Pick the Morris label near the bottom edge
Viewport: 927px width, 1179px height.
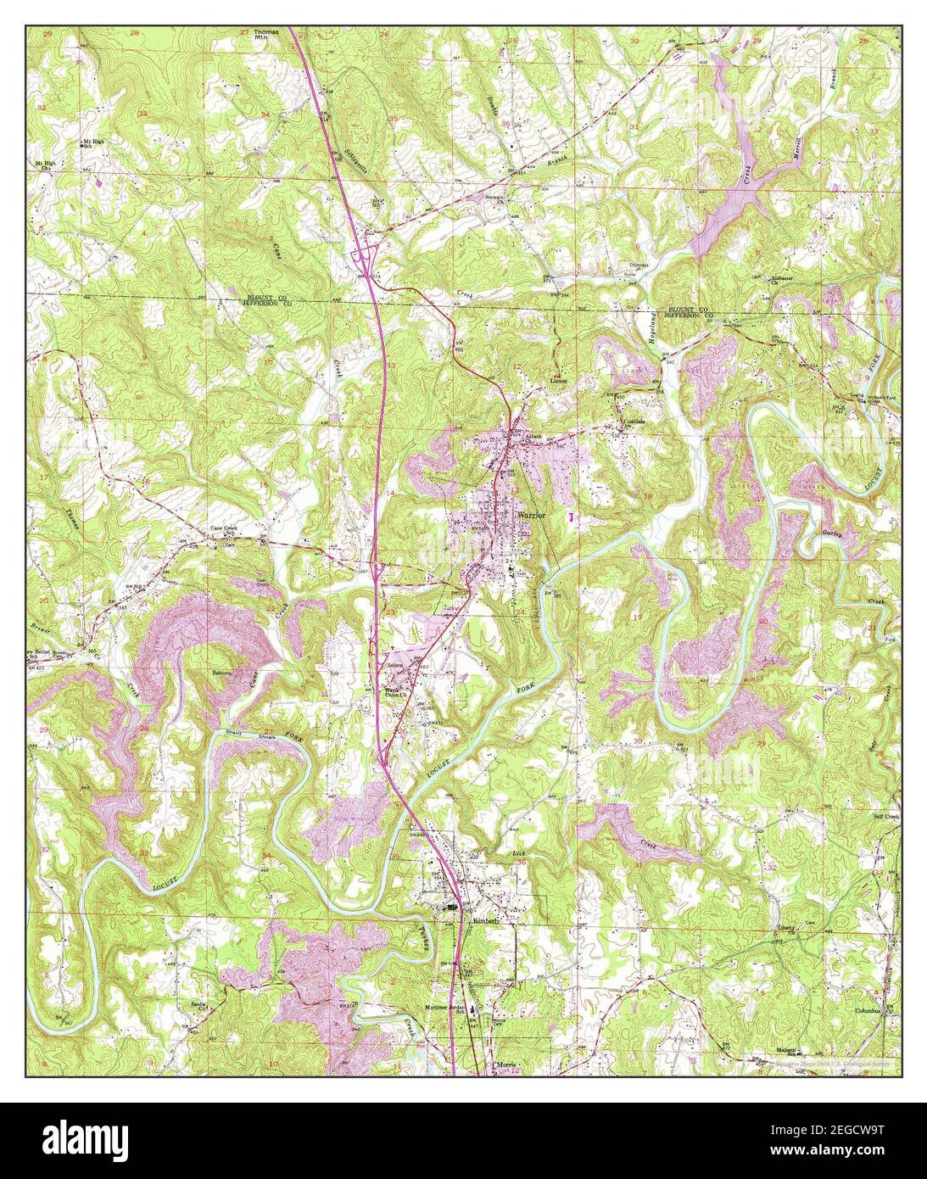[x=505, y=1062]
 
